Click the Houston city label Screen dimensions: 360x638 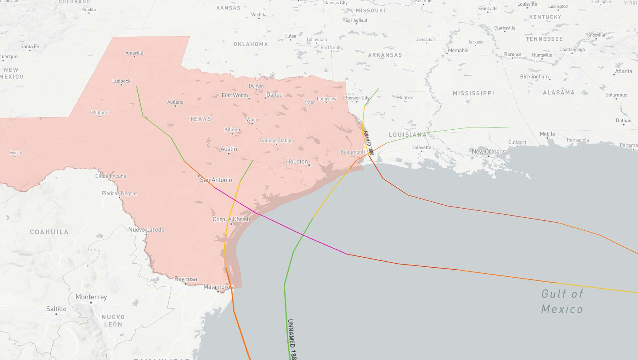pyautogui.click(x=297, y=162)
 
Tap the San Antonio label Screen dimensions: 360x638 pyautogui.click(x=216, y=180)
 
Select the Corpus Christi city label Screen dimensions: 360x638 pyautogui.click(x=231, y=219)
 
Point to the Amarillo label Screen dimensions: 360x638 pyautogui.click(x=134, y=53)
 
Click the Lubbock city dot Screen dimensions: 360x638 pyautogui.click(x=121, y=85)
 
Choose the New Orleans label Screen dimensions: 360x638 pyautogui.click(x=488, y=152)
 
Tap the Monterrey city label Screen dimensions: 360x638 pyautogui.click(x=91, y=297)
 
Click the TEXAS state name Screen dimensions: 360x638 pyautogui.click(x=200, y=119)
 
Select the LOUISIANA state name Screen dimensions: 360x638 pyautogui.click(x=408, y=135)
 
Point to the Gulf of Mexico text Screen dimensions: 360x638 pyautogui.click(x=562, y=302)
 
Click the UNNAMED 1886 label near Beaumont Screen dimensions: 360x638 pyautogui.click(x=369, y=142)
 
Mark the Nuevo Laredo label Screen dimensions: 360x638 pyautogui.click(x=146, y=229)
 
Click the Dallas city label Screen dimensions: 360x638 pyautogui.click(x=274, y=95)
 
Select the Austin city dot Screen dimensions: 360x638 pyautogui.click(x=229, y=154)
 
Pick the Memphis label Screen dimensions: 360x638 pyautogui.click(x=458, y=50)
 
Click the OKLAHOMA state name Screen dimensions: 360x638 pyautogui.click(x=251, y=44)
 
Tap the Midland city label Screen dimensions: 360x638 pyautogui.click(x=100, y=113)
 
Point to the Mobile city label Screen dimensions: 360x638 pyautogui.click(x=547, y=134)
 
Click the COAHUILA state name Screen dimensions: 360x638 pyautogui.click(x=49, y=232)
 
